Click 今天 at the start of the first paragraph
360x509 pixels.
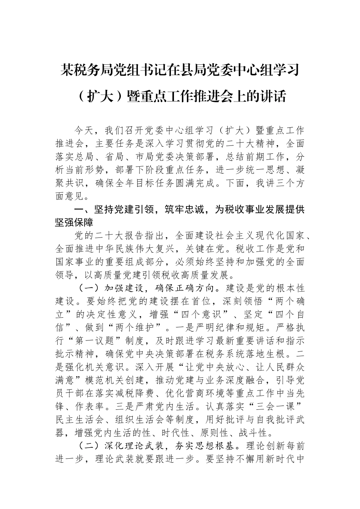tap(84, 131)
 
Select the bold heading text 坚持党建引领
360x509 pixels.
tap(124, 209)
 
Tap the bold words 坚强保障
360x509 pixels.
tap(75, 223)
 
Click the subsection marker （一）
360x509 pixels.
tap(91, 288)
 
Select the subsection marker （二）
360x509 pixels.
tap(91, 446)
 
